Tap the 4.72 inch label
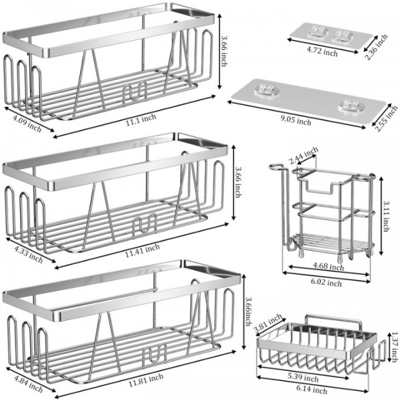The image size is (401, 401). click(x=322, y=51)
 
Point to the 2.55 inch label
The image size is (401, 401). click(x=383, y=126)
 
